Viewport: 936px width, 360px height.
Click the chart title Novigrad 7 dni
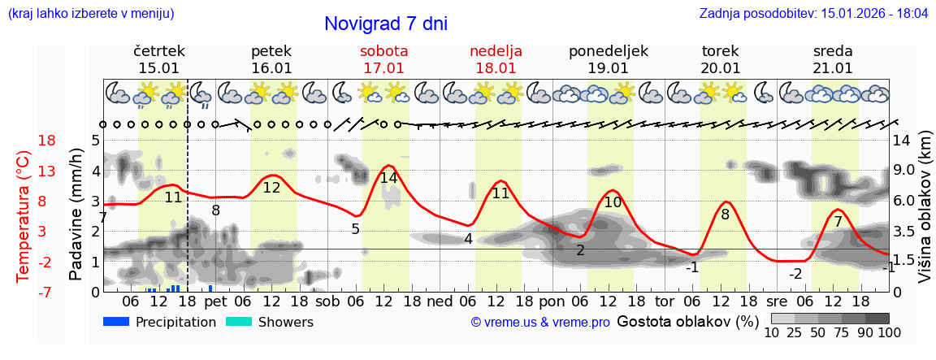point(386,24)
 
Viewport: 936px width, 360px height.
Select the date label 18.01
point(496,68)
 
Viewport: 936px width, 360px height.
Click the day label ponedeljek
point(609,51)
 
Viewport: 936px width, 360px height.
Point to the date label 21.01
point(833,68)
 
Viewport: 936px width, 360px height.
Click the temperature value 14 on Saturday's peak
point(388,178)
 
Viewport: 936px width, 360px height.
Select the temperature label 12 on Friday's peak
point(271,188)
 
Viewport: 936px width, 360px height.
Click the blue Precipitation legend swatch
point(116,322)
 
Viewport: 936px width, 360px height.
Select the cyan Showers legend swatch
point(239,322)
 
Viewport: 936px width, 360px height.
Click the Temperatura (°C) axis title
point(24,216)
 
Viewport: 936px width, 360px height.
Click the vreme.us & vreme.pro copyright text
point(540,323)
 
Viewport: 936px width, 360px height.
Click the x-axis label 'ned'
point(440,301)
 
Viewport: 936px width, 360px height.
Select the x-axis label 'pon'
point(552,301)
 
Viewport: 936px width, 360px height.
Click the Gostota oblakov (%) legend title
point(688,321)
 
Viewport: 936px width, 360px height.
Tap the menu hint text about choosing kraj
point(90,14)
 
